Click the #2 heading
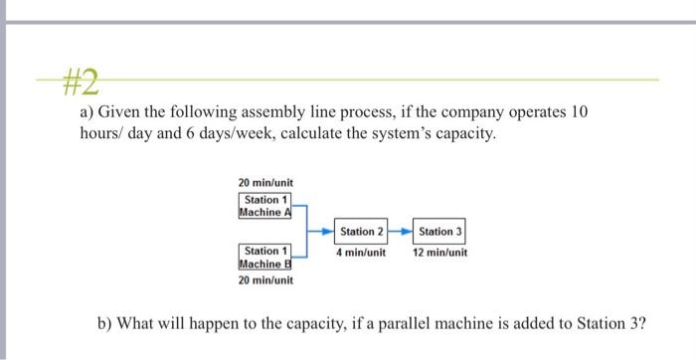80,78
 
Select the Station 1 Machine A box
263,206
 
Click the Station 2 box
361,232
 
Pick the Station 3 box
440,232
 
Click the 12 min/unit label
440,253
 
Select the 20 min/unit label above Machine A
265,183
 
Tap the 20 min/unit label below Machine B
265,280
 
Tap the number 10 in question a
579,112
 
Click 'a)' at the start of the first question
88,112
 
